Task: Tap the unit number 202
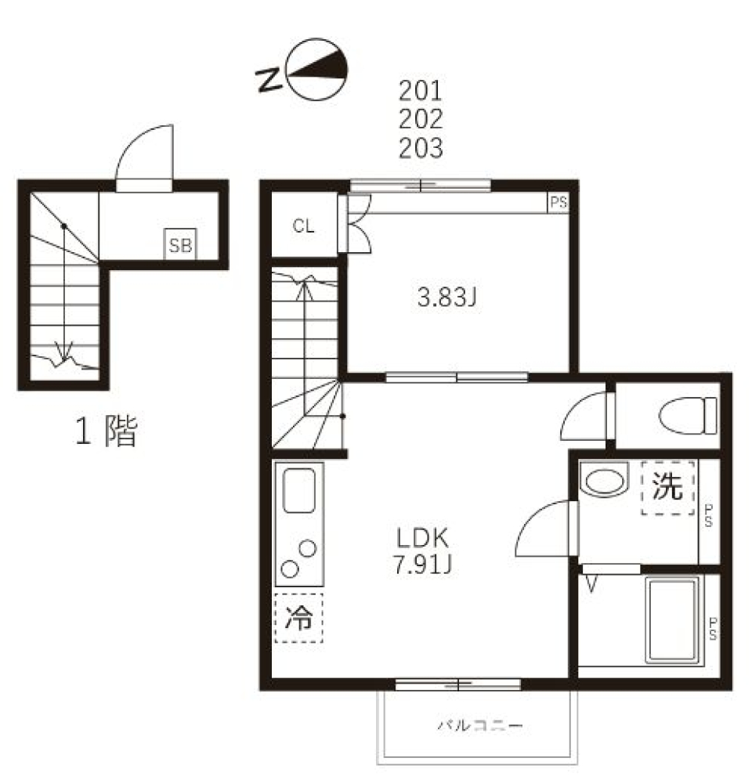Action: coord(421,119)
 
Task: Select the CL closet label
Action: coord(303,226)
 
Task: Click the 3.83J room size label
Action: coord(446,298)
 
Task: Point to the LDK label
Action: coord(422,538)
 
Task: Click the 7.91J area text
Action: coord(422,564)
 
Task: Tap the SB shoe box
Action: coord(180,244)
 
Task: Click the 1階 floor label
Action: coord(106,431)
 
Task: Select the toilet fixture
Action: coord(688,416)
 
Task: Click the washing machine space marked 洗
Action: coord(668,488)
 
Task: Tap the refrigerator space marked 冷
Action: coord(299,618)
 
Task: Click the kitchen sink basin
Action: coord(299,490)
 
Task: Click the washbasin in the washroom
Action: coord(604,480)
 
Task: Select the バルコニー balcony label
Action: coord(479,726)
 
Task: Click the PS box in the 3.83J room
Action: coord(558,202)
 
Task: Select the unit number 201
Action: coord(421,90)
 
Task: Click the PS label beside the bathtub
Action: coord(713,629)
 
